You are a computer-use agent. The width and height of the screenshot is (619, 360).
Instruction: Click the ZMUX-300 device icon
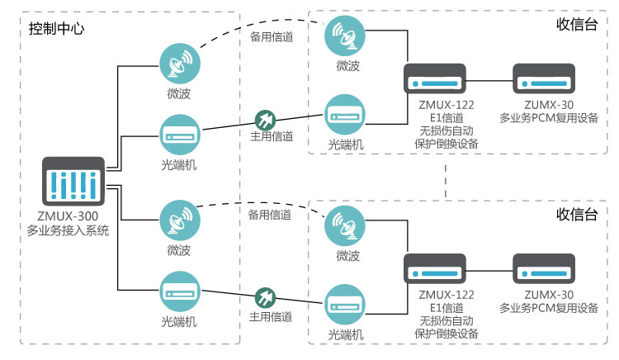pyautogui.click(x=73, y=181)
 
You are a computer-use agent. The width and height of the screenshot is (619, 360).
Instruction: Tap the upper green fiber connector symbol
pyautogui.click(x=264, y=119)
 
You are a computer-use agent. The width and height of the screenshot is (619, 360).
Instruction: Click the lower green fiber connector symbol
pyautogui.click(x=264, y=296)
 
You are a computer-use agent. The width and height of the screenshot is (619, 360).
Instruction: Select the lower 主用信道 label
pyautogui.click(x=270, y=316)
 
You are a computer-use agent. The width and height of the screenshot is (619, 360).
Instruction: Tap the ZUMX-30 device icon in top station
pyautogui.click(x=544, y=81)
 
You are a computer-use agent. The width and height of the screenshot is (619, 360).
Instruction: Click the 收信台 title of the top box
pyautogui.click(x=577, y=24)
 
